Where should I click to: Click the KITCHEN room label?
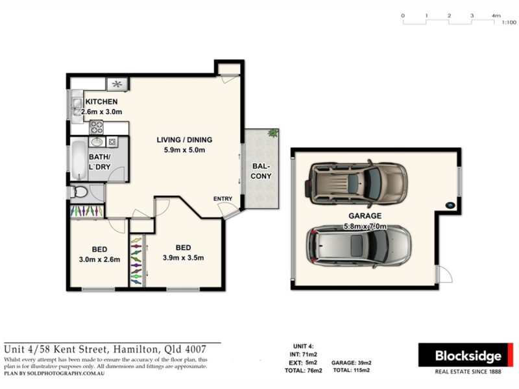pyautogui.click(x=102, y=102)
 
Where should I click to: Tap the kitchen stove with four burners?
pyautogui.click(x=97, y=126)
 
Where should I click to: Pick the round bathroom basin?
pyautogui.click(x=97, y=142)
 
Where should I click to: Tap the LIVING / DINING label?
pyautogui.click(x=184, y=140)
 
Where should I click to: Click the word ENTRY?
pyautogui.click(x=222, y=199)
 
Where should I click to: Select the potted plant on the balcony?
pyautogui.click(x=273, y=134)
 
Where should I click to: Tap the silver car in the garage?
pyautogui.click(x=357, y=247)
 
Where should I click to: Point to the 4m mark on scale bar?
pyautogui.click(x=496, y=15)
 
